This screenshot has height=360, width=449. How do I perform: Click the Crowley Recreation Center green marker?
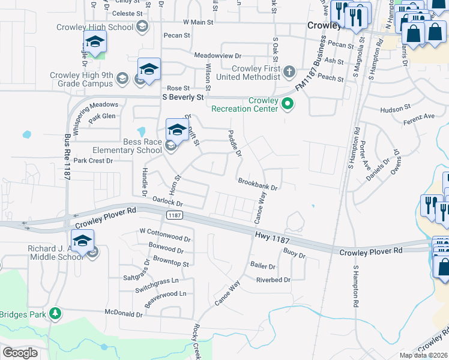point(288,104)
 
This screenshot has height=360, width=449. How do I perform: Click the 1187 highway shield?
point(175,215)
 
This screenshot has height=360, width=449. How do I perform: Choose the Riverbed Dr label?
point(273,280)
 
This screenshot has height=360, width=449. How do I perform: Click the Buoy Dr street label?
point(294,255)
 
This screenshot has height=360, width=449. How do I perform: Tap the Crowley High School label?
point(95,27)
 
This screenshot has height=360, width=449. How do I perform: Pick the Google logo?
point(20,352)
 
